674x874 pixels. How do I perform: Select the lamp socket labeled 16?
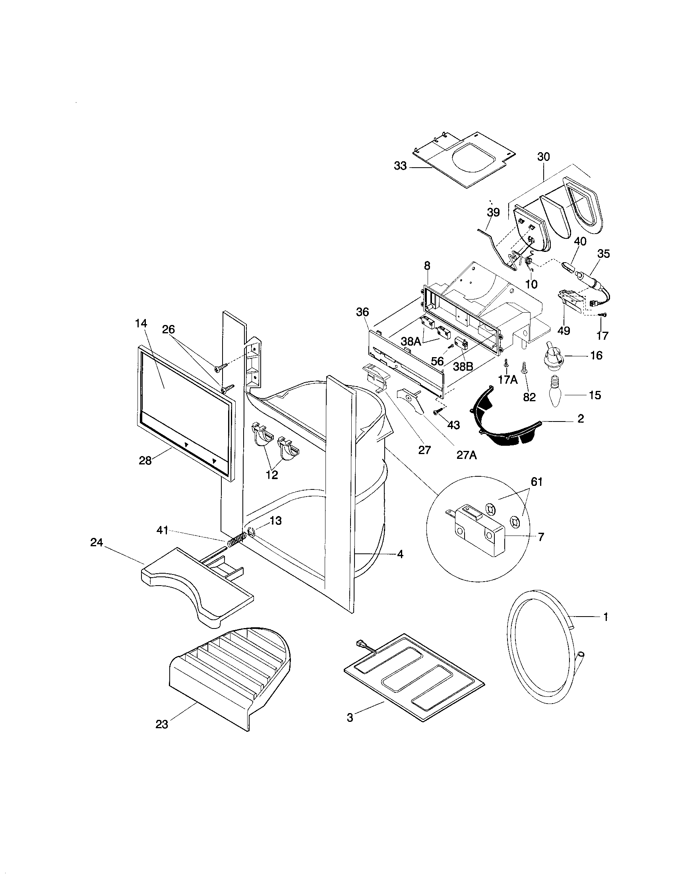coord(554,354)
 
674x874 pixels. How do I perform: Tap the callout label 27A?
coord(467,455)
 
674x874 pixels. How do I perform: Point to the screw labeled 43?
coord(438,411)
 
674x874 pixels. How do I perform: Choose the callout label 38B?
coord(463,366)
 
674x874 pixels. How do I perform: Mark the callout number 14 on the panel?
coord(141,324)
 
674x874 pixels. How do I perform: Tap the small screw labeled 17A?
coord(506,362)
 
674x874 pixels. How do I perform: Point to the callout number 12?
coord(271,475)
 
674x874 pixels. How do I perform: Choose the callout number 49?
coord(564,331)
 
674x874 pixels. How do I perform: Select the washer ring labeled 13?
coord(250,532)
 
